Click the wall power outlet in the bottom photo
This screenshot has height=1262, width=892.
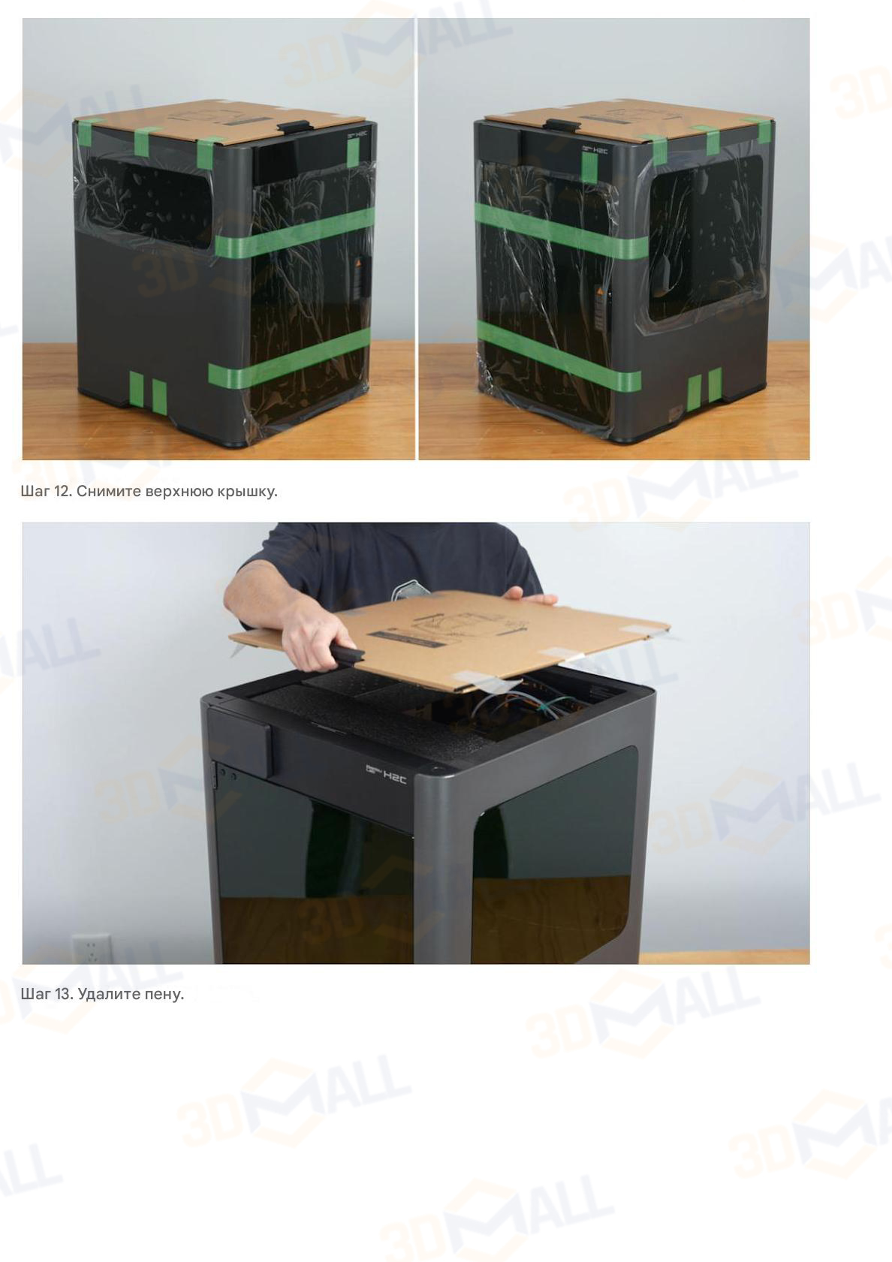[x=92, y=948]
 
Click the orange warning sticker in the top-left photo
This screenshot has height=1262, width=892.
[x=358, y=266]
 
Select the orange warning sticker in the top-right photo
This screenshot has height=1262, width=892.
[x=600, y=292]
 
